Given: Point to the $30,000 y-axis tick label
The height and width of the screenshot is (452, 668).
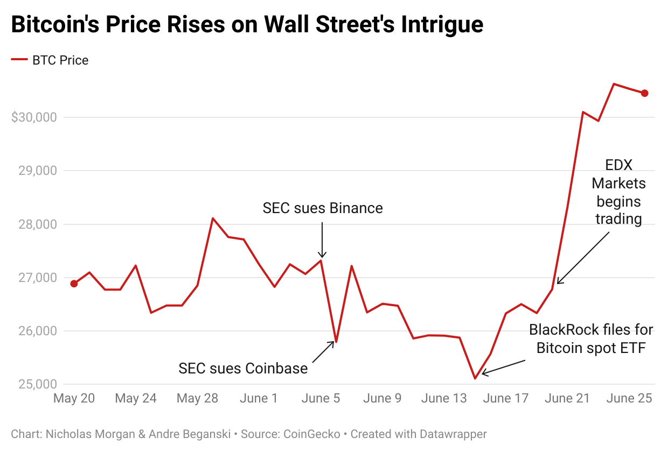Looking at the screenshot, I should (34, 117).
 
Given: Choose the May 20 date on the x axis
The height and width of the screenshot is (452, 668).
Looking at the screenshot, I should (74, 399).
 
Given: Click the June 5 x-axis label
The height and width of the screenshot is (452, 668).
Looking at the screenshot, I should (321, 399).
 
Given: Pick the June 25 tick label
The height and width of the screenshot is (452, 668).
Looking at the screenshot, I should (629, 399).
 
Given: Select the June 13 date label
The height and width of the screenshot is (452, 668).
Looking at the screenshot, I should (444, 399).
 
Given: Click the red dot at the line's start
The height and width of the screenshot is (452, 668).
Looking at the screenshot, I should (74, 284).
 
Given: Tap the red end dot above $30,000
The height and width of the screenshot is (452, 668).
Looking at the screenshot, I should (644, 93).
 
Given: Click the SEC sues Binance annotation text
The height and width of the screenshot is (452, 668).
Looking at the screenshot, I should (323, 208).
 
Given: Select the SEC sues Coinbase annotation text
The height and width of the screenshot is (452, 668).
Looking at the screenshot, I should (243, 369).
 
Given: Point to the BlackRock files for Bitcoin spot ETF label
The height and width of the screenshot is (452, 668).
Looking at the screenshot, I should (590, 338).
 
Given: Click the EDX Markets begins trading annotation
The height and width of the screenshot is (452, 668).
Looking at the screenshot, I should (618, 192).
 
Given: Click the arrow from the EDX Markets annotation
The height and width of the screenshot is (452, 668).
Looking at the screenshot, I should (583, 258).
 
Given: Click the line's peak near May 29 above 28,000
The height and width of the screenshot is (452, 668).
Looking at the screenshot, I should (213, 218).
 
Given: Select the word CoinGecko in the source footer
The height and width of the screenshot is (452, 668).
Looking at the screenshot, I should (310, 434).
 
